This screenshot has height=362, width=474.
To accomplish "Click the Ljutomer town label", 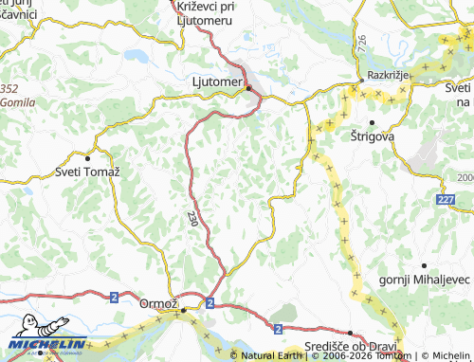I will point(212,82).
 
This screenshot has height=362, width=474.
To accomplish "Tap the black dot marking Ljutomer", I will point(248,88).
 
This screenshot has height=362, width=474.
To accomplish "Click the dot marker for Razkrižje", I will point(360,82).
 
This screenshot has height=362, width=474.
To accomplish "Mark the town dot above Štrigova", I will point(372,122).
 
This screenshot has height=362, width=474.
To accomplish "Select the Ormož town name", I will point(158,303).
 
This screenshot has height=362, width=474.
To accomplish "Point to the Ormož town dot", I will point(184,310).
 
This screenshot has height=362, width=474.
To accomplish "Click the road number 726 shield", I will point(361,44).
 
